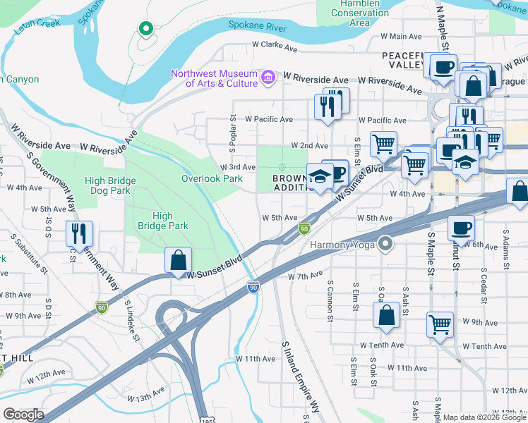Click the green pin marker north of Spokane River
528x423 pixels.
click(145, 29)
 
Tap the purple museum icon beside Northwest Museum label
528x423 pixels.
click(268, 75)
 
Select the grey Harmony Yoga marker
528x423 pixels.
click(385, 245)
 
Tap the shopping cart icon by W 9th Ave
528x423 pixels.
click(440, 325)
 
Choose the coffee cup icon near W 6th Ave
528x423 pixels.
click(462, 227)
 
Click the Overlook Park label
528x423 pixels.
click(212, 178)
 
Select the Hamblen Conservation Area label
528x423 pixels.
click(359, 13)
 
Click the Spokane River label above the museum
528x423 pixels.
click(256, 25)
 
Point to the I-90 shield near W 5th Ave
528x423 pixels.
click(304, 228)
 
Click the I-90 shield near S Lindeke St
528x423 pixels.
click(101, 307)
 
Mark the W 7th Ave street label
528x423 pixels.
click(305, 276)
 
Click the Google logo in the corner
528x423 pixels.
click(23, 415)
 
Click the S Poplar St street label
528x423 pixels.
click(232, 135)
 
